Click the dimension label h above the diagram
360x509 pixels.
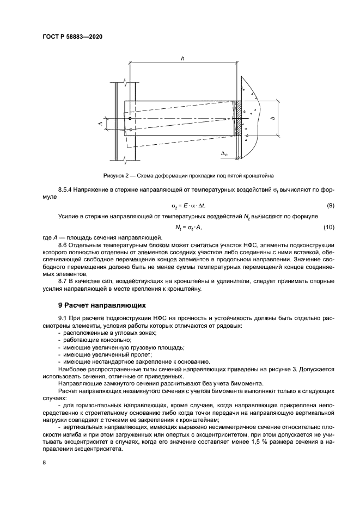[182, 58]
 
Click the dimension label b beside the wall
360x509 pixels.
[272, 118]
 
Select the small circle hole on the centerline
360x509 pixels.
[130, 118]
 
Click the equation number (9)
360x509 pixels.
[330, 206]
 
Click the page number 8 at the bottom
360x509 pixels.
[43, 462]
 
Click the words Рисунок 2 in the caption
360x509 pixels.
[118, 176]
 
